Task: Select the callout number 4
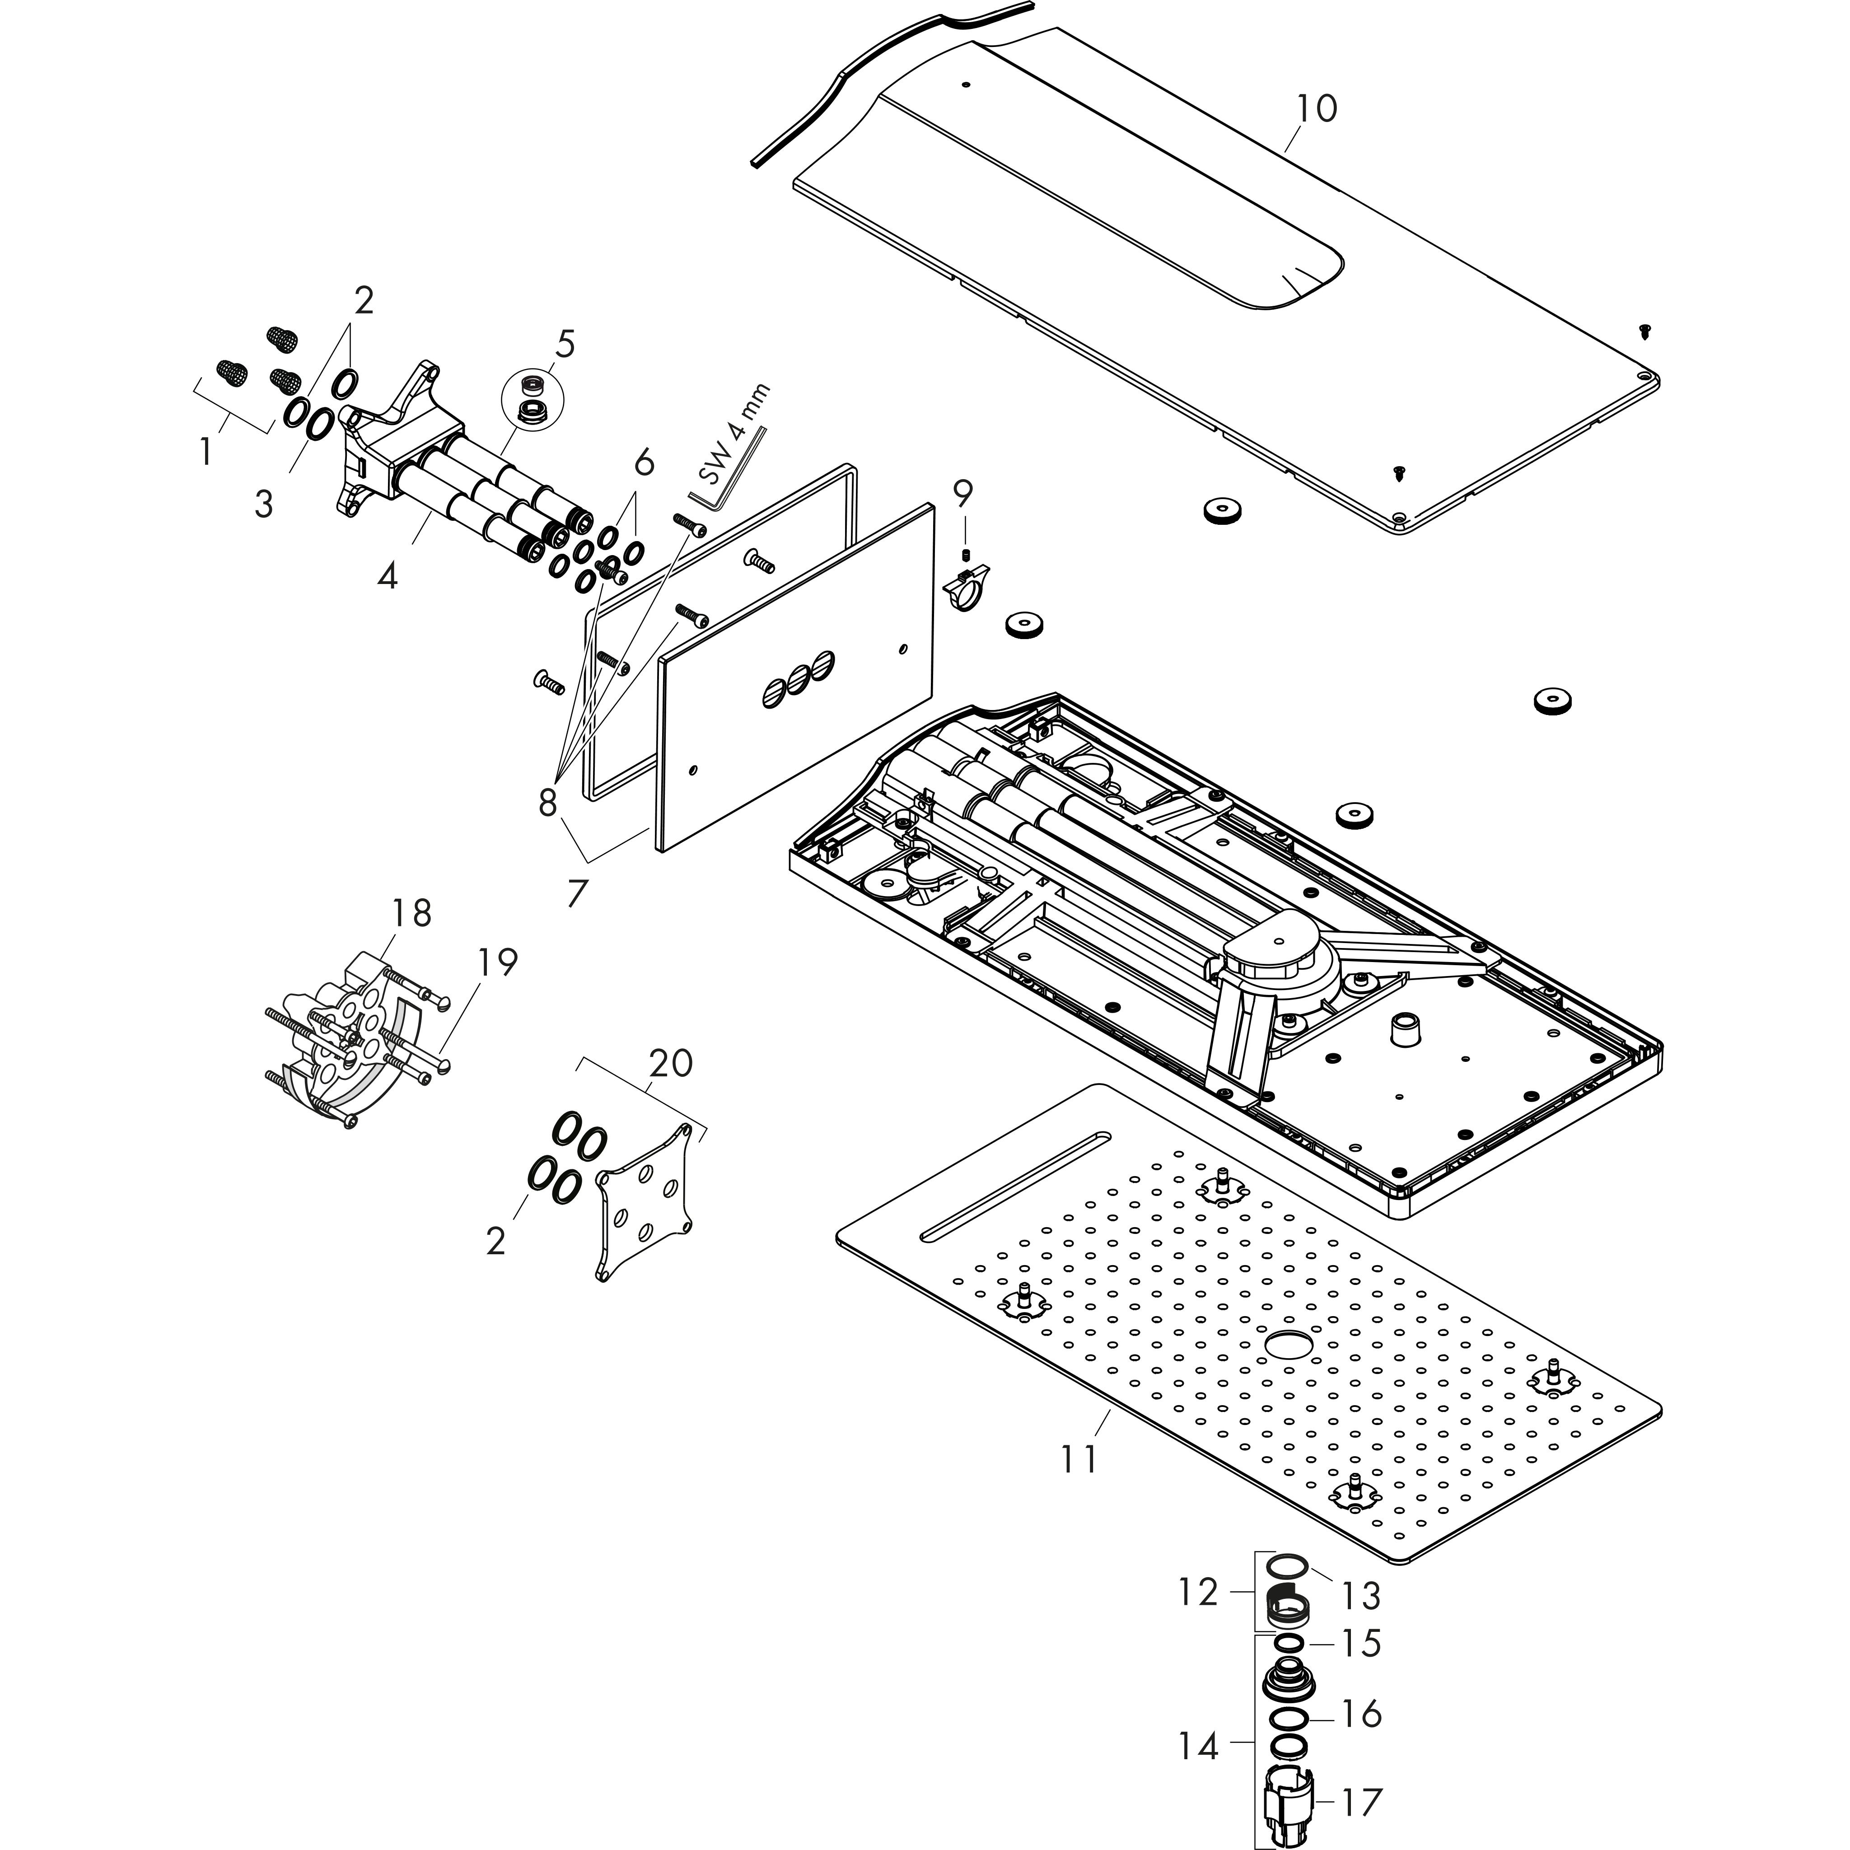pyautogui.click(x=387, y=575)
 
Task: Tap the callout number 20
pyautogui.click(x=670, y=1063)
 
